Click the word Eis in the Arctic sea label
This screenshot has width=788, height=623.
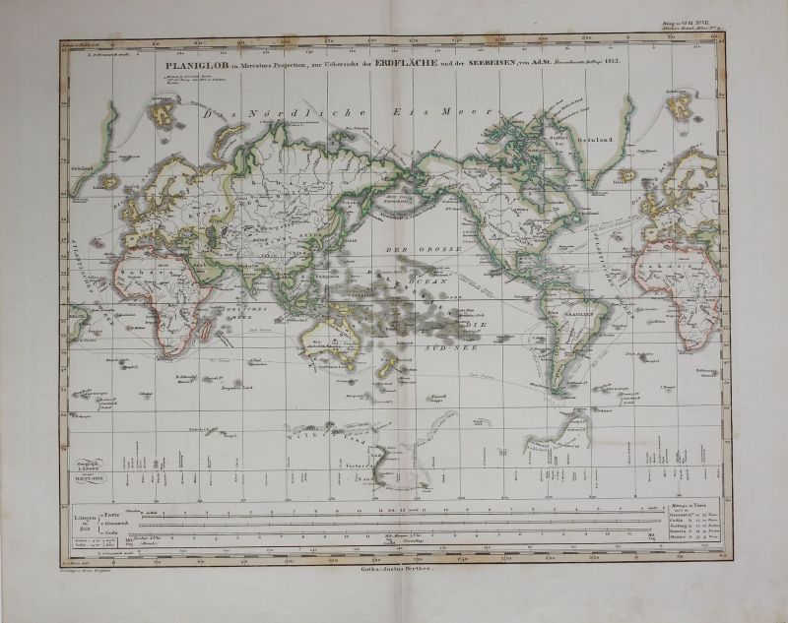pyautogui.click(x=403, y=112)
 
